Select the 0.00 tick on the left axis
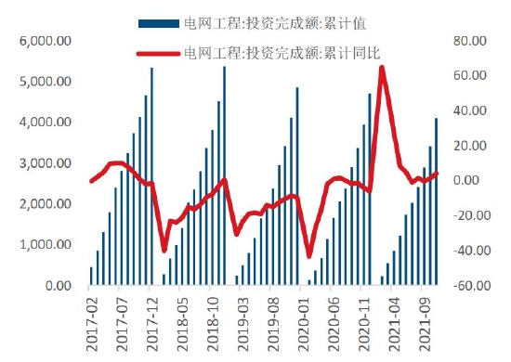tap(58, 287)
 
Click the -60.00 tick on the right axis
tap(467, 287)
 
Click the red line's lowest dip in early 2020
tap(309, 256)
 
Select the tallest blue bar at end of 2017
tap(151, 176)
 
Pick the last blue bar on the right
tap(436, 201)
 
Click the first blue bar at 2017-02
tap(91, 277)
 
